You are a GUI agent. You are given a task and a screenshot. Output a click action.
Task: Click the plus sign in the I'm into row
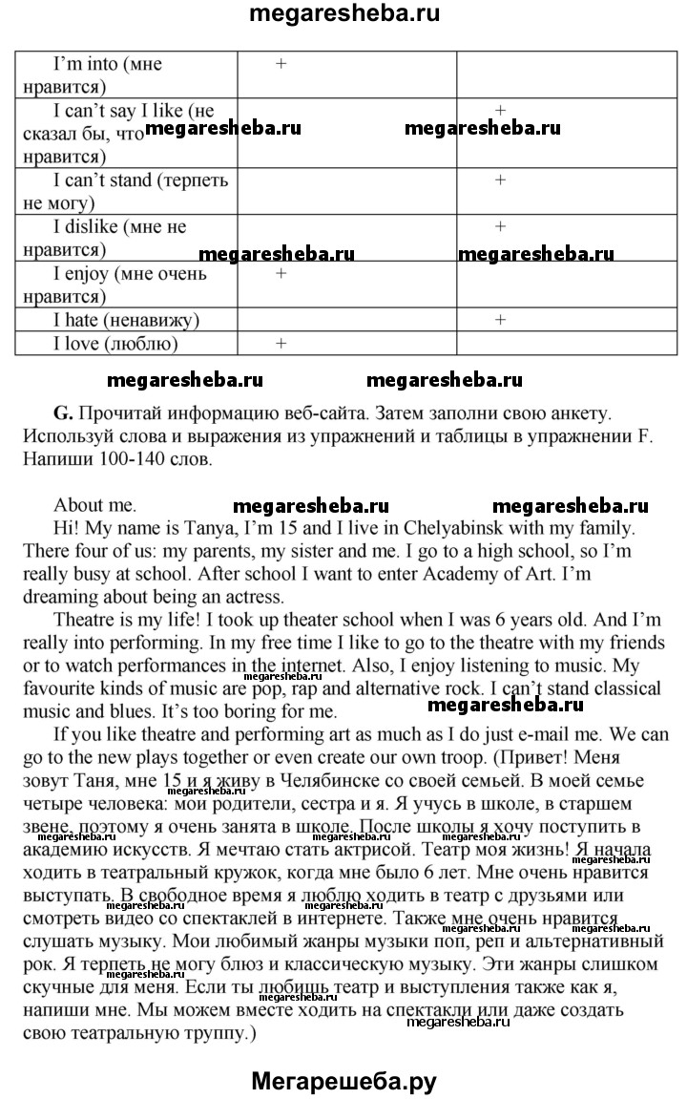281,63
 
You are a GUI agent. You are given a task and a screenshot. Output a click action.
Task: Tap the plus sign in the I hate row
500,319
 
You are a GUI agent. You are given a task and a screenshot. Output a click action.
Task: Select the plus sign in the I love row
281,342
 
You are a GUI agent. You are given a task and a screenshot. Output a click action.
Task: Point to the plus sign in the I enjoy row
281,274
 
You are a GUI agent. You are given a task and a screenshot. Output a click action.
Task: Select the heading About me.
94,505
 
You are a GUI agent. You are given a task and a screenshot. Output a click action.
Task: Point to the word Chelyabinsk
508,528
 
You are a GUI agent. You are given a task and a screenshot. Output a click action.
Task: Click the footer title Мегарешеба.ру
343,1081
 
